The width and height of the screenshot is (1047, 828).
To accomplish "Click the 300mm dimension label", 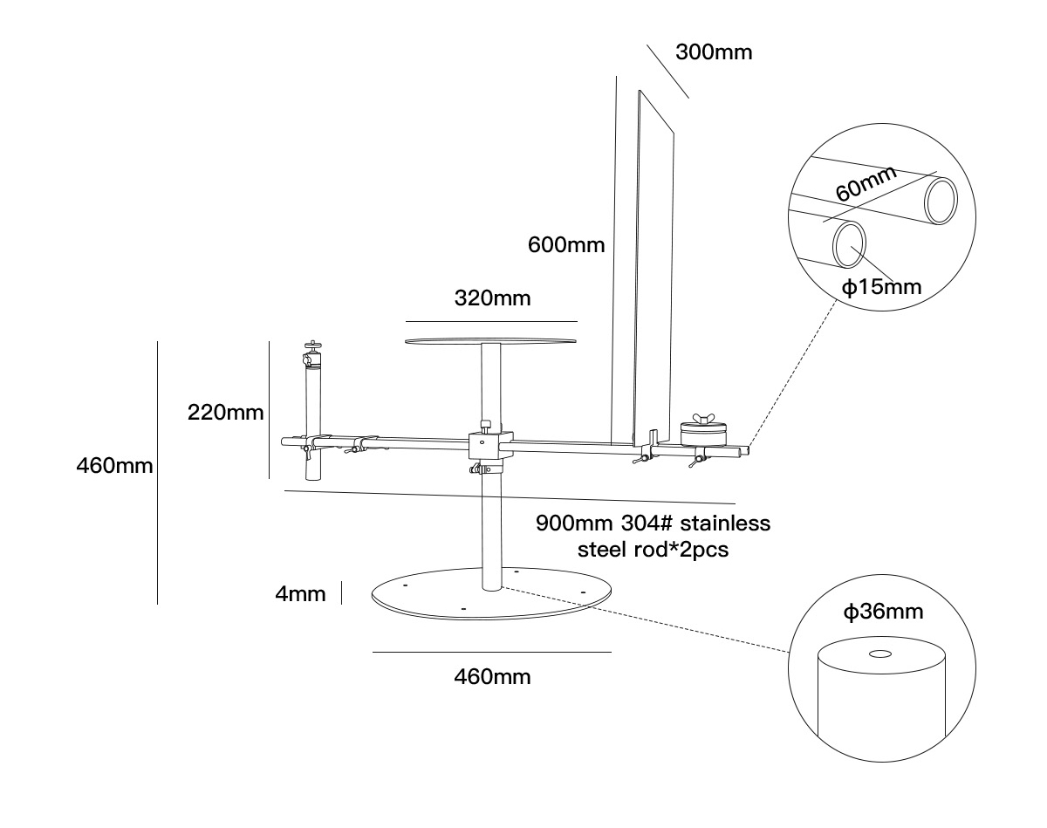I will [x=713, y=52].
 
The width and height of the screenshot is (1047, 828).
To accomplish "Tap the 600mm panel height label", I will [x=565, y=244].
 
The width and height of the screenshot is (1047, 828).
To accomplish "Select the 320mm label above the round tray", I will [x=492, y=298].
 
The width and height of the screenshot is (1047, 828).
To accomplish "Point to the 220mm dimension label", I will [x=225, y=412].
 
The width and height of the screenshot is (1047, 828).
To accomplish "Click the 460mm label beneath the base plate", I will [x=492, y=676].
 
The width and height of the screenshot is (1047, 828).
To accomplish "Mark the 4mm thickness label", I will [x=300, y=595].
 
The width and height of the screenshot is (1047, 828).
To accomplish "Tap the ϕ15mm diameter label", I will [x=881, y=285].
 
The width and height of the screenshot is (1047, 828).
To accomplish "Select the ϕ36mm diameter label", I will [x=882, y=612].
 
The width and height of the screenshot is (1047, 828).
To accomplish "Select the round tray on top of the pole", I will [x=491, y=341].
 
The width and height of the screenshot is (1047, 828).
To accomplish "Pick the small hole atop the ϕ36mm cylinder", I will [x=879, y=653].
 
